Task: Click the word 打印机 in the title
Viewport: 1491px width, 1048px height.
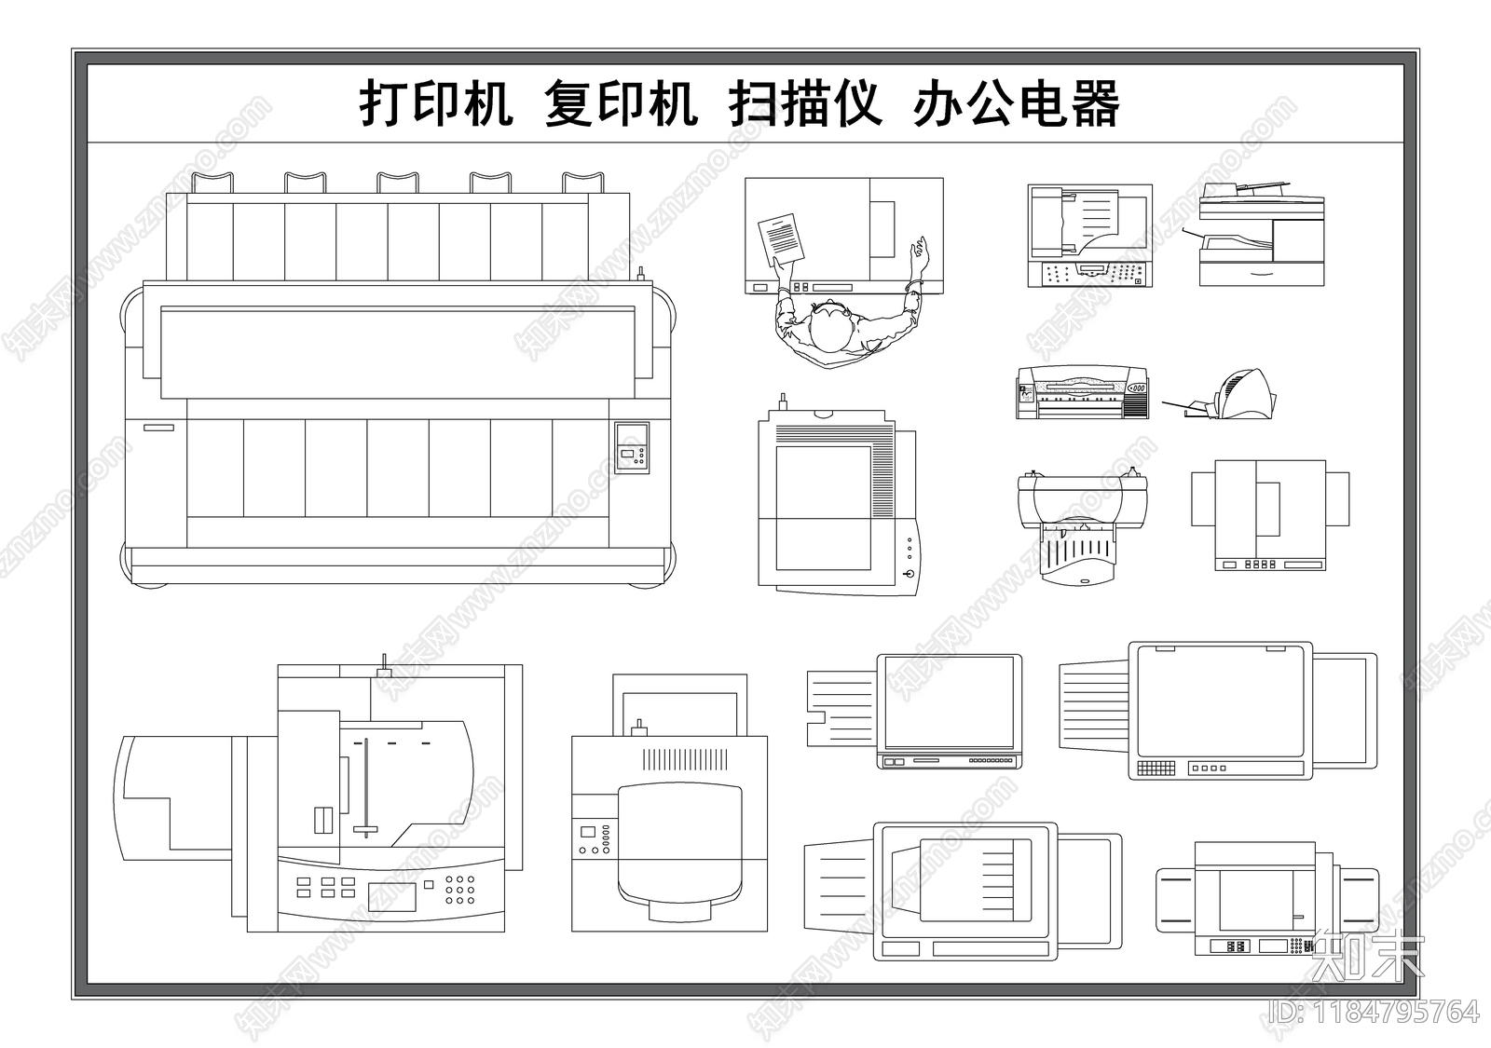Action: coord(436,103)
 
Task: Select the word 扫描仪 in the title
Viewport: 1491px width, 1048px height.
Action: coord(805,103)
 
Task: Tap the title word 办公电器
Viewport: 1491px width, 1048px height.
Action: coord(1017,103)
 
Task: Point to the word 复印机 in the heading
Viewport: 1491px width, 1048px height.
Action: coord(621,103)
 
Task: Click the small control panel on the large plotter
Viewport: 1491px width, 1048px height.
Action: coord(632,448)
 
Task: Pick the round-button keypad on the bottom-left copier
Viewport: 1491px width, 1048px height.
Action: coord(459,889)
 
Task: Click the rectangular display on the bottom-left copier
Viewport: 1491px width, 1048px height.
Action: coord(391,896)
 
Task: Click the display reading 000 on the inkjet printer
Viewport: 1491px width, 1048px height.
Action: coord(1137,388)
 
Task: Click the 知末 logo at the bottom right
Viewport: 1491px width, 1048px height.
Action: coord(1366,955)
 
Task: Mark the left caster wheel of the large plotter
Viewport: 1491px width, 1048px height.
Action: coord(149,585)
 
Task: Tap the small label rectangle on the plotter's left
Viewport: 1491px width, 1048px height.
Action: coord(158,428)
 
